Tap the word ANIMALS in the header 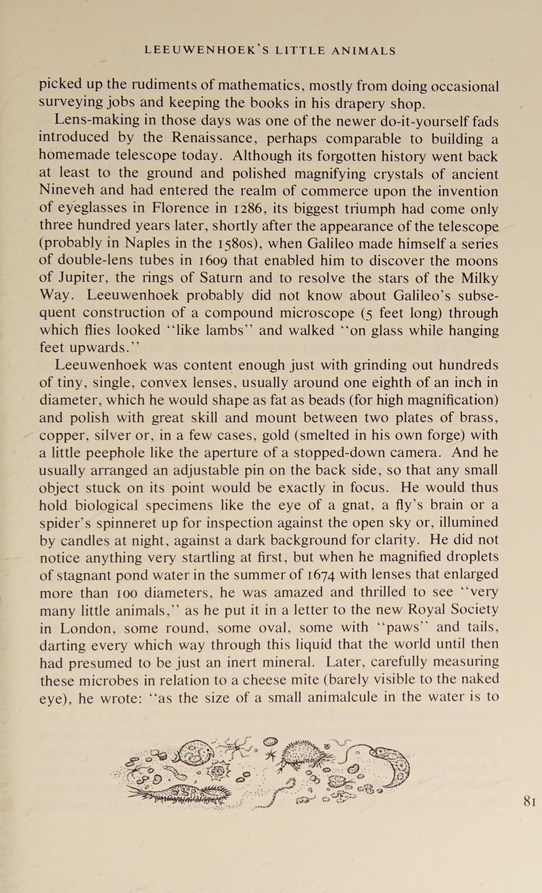(363, 51)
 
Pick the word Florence (180, 209)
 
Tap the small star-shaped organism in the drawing (270, 755)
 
